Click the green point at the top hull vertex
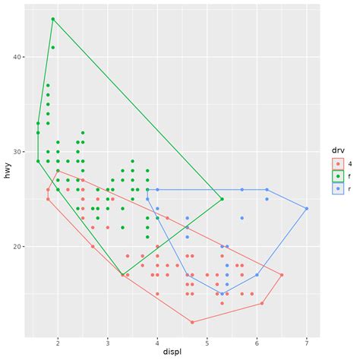(x=52, y=19)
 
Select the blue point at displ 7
(x=306, y=208)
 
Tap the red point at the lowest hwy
(x=192, y=322)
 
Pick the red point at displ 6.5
(x=281, y=275)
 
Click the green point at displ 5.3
(x=222, y=199)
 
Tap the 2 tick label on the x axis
(x=58, y=342)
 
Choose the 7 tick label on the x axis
(x=306, y=342)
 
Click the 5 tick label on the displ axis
(x=207, y=342)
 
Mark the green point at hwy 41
(x=52, y=47)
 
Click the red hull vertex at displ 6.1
(x=261, y=303)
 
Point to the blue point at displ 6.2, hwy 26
(x=267, y=190)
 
